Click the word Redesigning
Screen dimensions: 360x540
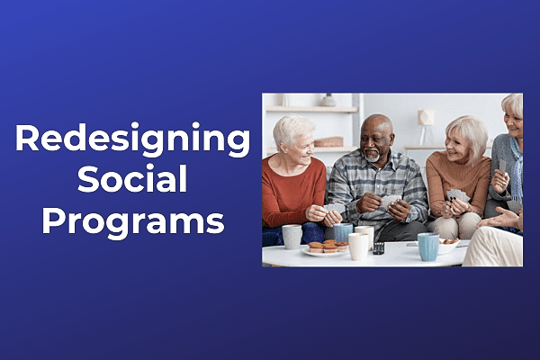[x=131, y=140]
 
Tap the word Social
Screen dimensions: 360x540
[x=131, y=180]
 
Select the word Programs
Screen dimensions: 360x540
[x=131, y=220]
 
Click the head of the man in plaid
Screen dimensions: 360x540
[x=376, y=137]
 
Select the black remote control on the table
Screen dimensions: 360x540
[x=378, y=247]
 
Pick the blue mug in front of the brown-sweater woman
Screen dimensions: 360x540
[x=428, y=246]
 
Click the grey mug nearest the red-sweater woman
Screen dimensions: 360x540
[x=292, y=236]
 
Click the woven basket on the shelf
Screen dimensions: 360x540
[x=328, y=141]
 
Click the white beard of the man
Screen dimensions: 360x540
[x=373, y=156]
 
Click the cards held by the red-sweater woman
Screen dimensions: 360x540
[x=334, y=208]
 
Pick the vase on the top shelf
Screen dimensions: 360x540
[x=329, y=100]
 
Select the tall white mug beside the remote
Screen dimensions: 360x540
[x=358, y=246]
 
